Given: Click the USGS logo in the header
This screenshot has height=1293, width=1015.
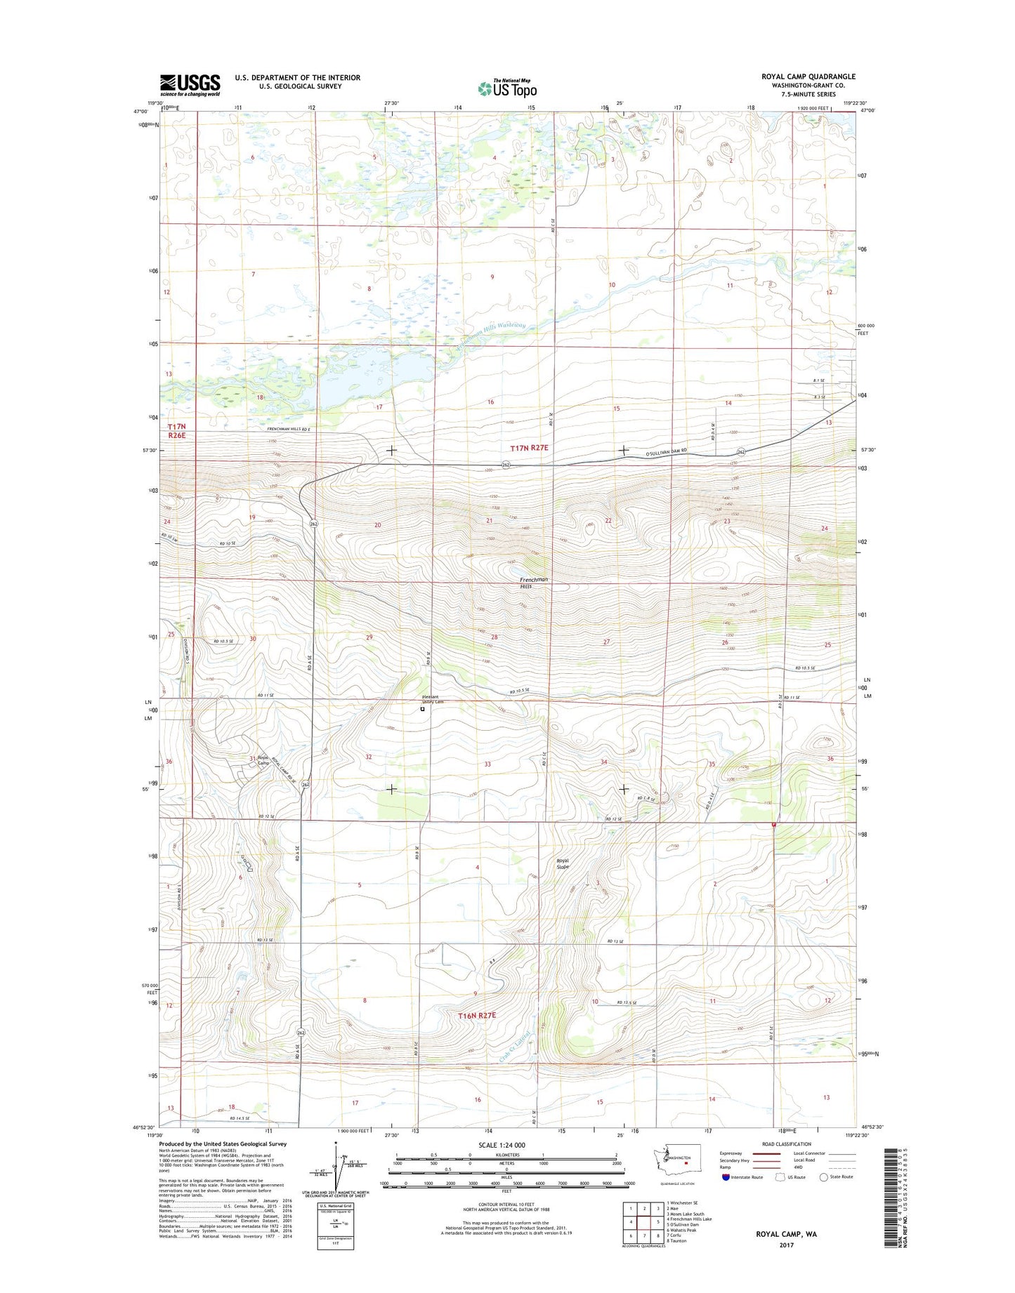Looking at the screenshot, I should click(190, 85).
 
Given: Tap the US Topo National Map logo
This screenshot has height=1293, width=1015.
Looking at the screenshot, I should click(507, 88).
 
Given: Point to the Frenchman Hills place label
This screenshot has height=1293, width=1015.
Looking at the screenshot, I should click(533, 582).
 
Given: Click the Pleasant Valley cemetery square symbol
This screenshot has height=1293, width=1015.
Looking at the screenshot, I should click(422, 709).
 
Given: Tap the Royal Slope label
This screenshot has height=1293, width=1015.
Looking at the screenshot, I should click(563, 863).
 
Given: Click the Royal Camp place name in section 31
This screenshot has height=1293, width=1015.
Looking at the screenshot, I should click(264, 760).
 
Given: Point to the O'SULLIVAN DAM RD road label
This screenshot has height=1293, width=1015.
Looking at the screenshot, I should click(674, 454).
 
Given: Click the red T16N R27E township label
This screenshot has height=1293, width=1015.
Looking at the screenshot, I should click(477, 1015).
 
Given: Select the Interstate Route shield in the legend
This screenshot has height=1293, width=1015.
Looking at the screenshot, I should click(726, 1177).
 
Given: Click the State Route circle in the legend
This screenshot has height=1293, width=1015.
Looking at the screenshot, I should click(823, 1177).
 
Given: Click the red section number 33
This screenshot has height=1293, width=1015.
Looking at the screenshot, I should click(487, 764).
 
